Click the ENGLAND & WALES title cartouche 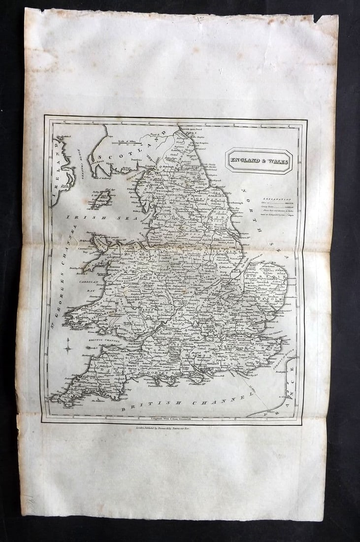pyautogui.click(x=259, y=160)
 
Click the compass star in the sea pyautogui.click(x=68, y=348)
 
